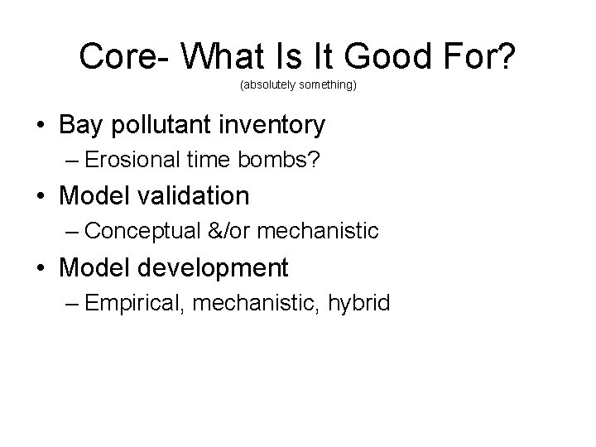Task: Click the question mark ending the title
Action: point(506,56)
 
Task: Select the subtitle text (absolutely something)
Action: point(298,85)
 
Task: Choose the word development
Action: point(220,267)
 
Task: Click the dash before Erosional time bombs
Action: point(69,161)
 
